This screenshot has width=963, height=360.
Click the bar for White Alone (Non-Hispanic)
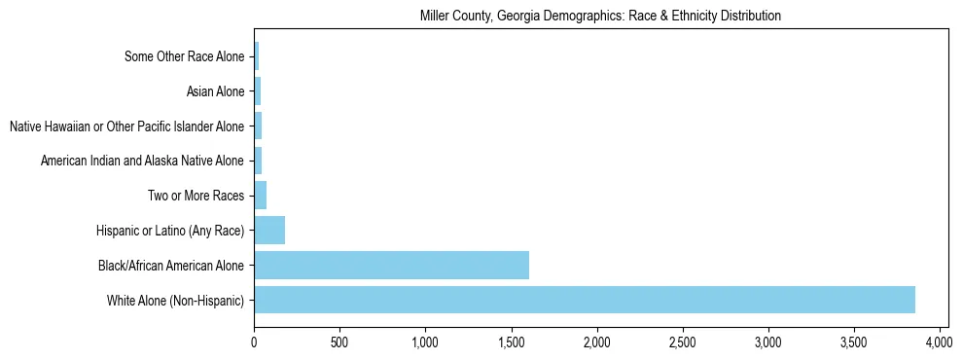coord(584,300)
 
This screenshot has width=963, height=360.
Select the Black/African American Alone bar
coord(391,265)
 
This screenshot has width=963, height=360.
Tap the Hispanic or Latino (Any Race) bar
coord(269,231)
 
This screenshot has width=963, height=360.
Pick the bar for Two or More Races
coord(260,196)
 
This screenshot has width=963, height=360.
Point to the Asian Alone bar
coord(257,91)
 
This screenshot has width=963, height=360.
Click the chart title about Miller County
coord(600,17)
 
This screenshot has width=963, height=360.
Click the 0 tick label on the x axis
coord(254,342)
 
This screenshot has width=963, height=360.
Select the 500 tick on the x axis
coord(339,342)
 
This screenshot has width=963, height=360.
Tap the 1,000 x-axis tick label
coord(425,342)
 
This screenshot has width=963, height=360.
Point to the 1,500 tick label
coord(511,342)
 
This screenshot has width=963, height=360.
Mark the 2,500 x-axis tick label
coord(682,342)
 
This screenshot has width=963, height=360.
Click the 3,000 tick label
coord(767,342)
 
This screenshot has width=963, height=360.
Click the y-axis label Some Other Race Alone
coord(185,56)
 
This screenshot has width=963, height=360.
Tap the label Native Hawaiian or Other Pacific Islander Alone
coord(126,126)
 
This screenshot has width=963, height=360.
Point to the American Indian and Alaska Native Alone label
coord(142,161)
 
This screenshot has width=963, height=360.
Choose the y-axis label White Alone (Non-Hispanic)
coord(176,300)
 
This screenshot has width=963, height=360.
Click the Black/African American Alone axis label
coord(171,265)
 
